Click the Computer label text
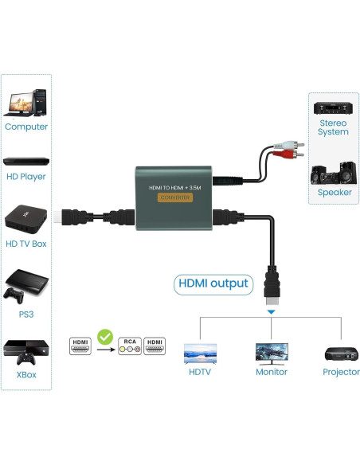click(x=26, y=127)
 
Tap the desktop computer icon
click(x=26, y=102)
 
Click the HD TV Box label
click(x=26, y=243)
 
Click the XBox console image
click(x=26, y=351)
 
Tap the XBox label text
click(x=26, y=374)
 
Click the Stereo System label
click(x=333, y=127)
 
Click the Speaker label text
click(x=334, y=192)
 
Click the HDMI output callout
click(x=213, y=283)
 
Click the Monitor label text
click(x=271, y=372)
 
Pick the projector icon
click(x=340, y=353)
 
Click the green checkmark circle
click(x=104, y=337)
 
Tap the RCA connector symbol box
click(x=128, y=346)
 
